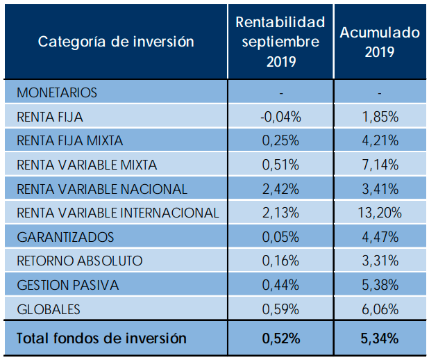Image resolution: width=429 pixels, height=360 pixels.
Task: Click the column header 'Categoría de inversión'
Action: pyautogui.click(x=116, y=42)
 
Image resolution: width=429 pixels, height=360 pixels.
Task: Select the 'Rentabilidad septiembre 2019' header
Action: pyautogui.click(x=280, y=42)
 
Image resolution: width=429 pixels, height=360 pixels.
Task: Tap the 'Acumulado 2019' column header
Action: pyautogui.click(x=379, y=42)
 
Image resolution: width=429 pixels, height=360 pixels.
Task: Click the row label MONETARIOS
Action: pyautogui.click(x=57, y=92)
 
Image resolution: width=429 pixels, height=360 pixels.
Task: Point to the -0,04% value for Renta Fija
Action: pyautogui.click(x=280, y=117)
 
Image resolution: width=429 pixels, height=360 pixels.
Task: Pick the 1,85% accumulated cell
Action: pyautogui.click(x=379, y=117)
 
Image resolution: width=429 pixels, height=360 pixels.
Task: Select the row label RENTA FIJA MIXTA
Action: pyautogui.click(x=69, y=141)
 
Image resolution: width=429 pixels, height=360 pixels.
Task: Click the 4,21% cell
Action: pyautogui.click(x=379, y=141)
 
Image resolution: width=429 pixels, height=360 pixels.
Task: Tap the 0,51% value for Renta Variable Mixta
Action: pyautogui.click(x=280, y=165)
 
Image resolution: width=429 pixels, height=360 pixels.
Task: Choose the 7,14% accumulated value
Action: pyautogui.click(x=379, y=165)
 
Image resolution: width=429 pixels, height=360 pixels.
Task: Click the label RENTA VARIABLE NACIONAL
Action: pyautogui.click(x=102, y=189)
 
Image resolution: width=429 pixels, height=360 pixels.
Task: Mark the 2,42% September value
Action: pyautogui.click(x=280, y=189)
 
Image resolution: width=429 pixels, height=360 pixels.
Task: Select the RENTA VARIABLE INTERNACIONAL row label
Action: pyautogui.click(x=118, y=213)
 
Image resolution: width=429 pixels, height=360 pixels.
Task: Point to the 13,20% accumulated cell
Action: pyautogui.click(x=379, y=213)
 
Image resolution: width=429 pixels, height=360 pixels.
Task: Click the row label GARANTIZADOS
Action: pyautogui.click(x=65, y=237)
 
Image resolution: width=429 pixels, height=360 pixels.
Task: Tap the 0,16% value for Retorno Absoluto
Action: pyautogui.click(x=280, y=261)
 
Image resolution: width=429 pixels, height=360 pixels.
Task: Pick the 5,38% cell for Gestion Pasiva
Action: pyautogui.click(x=379, y=285)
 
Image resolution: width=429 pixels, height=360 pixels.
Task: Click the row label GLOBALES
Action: pyautogui.click(x=49, y=309)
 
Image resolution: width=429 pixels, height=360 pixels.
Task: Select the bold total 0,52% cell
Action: pyautogui.click(x=280, y=338)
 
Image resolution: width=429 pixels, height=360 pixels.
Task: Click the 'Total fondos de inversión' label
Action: pyautogui.click(x=101, y=338)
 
